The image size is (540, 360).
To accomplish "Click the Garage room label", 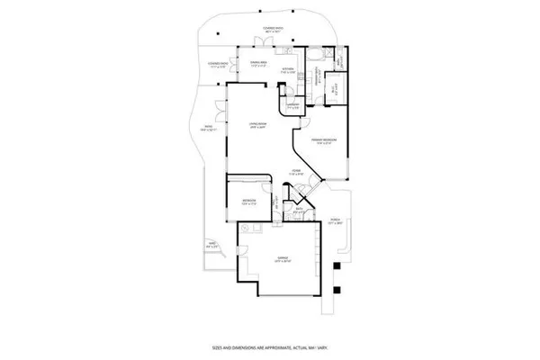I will click(x=282, y=257).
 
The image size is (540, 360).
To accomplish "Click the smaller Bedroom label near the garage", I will click(x=249, y=201).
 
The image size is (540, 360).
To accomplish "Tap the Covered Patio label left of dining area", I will click(x=217, y=64).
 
